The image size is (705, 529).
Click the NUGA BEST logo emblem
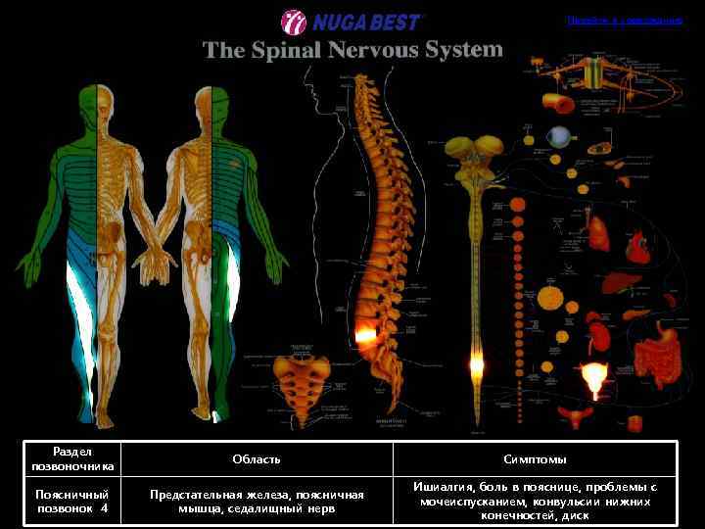click(294, 22)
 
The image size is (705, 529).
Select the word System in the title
click(459, 48)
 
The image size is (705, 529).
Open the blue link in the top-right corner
click(624, 20)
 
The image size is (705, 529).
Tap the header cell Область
click(257, 458)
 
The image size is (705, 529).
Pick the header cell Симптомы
click(535, 458)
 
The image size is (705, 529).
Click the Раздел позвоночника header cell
click(72, 458)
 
